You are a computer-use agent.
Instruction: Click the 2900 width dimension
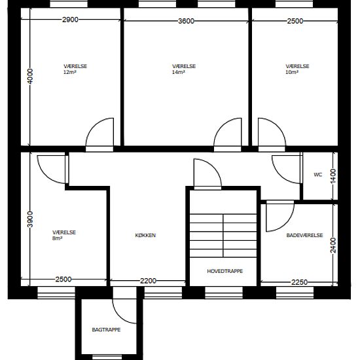coord(70,20)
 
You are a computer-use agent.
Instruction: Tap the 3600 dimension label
coord(186,21)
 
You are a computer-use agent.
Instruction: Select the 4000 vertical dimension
coord(30,76)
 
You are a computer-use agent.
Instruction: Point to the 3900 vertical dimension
coord(30,219)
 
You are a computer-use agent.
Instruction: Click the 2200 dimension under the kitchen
coord(148,281)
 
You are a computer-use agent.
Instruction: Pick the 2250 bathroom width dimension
coord(299,282)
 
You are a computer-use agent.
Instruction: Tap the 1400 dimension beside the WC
coord(333,176)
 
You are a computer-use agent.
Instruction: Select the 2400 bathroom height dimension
coord(333,245)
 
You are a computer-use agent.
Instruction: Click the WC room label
coord(318,175)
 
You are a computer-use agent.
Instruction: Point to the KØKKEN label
coord(145,236)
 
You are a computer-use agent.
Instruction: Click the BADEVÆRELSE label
coord(304,236)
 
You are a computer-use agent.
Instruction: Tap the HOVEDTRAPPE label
coord(225,271)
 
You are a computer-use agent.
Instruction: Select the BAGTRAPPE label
coord(106,330)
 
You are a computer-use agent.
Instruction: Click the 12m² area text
coord(70,72)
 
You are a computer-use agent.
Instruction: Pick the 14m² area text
coord(179,72)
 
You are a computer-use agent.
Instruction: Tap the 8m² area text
coord(57,238)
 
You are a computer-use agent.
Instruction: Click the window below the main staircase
coord(224,293)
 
